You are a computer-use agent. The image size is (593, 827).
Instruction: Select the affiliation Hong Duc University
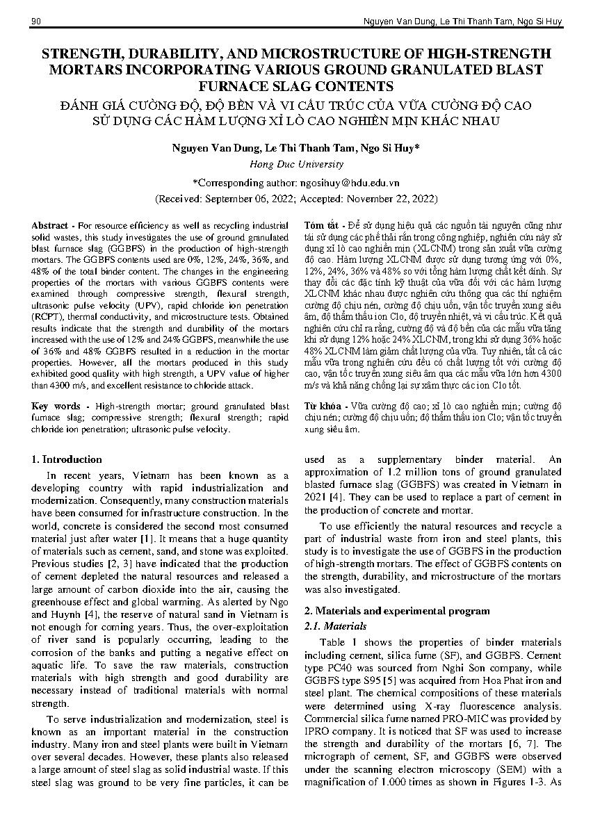tap(296, 165)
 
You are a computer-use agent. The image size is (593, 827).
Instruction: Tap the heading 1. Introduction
tap(67, 459)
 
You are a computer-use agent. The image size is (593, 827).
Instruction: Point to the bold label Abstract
tap(49, 226)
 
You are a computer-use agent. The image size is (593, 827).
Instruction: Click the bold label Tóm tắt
tap(320, 226)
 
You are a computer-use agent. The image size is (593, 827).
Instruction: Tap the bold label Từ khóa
tap(323, 405)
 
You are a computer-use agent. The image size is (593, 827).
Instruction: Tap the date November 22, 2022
tap(399, 198)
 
